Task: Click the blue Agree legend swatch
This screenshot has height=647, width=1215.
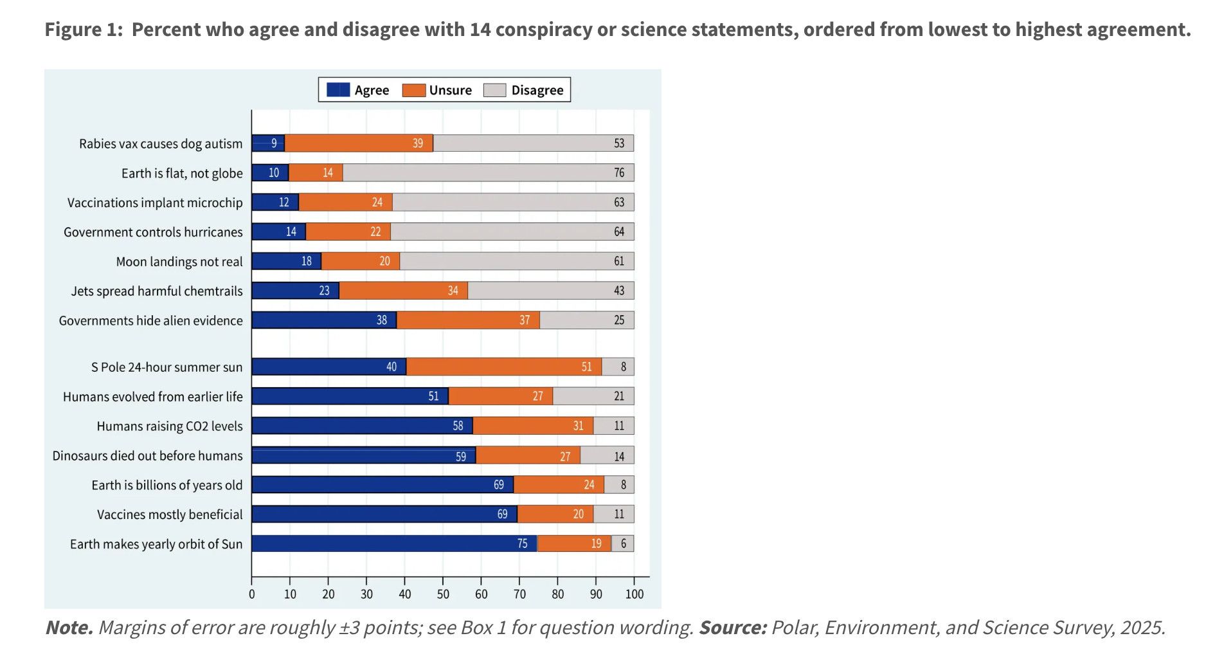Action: point(338,90)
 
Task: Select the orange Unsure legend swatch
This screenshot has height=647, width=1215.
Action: point(414,90)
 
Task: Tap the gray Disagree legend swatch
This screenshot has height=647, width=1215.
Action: point(495,90)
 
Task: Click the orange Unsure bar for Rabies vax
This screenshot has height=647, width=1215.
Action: point(359,143)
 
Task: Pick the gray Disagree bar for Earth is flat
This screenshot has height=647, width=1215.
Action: point(489,173)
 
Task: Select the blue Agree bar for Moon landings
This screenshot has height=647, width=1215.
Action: point(286,261)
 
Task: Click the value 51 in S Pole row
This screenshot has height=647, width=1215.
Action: point(586,367)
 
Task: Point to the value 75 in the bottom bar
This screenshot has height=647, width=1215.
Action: point(522,544)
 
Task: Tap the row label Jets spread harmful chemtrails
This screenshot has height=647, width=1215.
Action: point(157,291)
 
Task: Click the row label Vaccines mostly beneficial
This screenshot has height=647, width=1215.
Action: point(170,515)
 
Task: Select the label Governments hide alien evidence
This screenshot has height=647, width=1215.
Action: point(150,321)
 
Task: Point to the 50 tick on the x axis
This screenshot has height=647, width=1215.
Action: point(443,594)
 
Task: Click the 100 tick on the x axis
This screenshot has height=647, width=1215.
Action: point(634,594)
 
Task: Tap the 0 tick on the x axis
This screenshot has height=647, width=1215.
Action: point(252,594)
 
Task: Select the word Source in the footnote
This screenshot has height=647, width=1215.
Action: point(732,628)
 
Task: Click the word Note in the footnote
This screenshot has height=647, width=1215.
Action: point(69,628)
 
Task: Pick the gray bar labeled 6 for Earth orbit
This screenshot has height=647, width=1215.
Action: point(622,544)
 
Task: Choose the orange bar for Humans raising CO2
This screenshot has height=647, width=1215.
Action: point(533,426)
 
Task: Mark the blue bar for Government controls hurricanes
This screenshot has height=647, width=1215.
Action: point(278,232)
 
